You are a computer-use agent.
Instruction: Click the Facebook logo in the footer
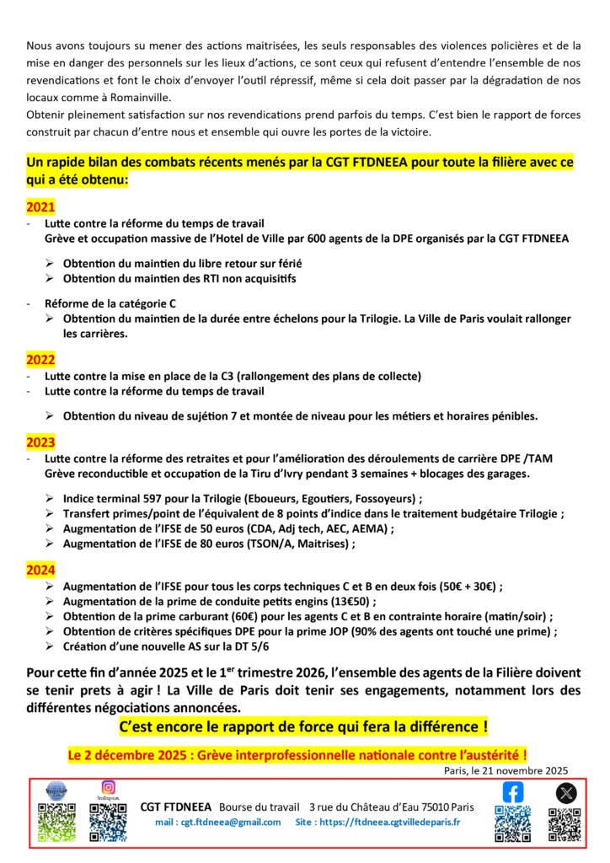coord(512,792)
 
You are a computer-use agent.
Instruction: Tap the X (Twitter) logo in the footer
coord(565,792)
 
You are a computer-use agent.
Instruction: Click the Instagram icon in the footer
coord(108,788)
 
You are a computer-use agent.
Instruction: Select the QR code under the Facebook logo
coord(512,823)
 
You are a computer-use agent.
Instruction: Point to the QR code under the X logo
coord(565,824)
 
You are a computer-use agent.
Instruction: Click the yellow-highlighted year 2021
coord(40,206)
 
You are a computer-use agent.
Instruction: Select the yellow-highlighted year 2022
coord(40,359)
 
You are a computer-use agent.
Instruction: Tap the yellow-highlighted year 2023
coord(40,442)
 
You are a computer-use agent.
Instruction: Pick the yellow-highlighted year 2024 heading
coord(40,570)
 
